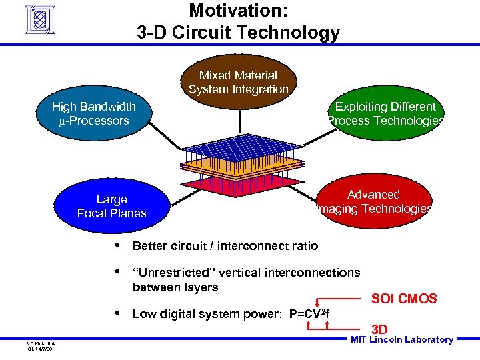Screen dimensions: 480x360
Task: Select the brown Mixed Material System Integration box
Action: (238, 81)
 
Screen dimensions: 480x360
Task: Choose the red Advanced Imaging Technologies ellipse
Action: (373, 201)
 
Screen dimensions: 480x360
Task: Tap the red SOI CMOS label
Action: (404, 299)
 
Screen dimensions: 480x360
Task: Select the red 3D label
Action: (379, 329)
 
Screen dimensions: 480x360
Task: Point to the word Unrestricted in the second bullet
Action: (171, 273)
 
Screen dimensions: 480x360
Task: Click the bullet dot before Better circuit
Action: (117, 245)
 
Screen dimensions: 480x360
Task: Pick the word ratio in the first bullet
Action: (303, 246)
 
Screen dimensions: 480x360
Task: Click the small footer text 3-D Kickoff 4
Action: (41, 343)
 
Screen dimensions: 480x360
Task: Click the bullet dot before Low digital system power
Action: (117, 313)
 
